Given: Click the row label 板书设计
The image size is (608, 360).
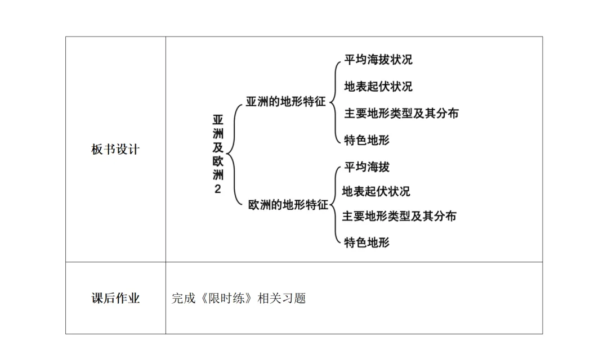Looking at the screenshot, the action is pyautogui.click(x=115, y=150).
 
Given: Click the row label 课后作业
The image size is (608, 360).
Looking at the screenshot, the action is pyautogui.click(x=115, y=298).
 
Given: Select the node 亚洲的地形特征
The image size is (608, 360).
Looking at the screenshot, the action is pyautogui.click(x=286, y=102).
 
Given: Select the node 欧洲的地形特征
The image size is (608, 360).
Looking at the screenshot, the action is pyautogui.click(x=288, y=205).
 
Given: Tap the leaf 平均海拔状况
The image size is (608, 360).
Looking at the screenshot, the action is pyautogui.click(x=378, y=60).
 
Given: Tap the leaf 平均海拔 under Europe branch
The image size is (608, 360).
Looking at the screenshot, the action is pyautogui.click(x=366, y=167).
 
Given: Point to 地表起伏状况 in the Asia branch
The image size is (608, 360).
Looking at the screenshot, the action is pyautogui.click(x=378, y=86).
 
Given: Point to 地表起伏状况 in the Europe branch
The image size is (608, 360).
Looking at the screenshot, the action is pyautogui.click(x=376, y=191).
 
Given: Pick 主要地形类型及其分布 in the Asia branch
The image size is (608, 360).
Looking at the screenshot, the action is pyautogui.click(x=401, y=113).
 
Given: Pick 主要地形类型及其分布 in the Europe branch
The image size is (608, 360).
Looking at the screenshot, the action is pyautogui.click(x=399, y=216).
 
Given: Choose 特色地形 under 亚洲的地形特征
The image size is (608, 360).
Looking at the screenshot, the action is pyautogui.click(x=366, y=139).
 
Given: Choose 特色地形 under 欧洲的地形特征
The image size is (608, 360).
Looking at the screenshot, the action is pyautogui.click(x=366, y=242).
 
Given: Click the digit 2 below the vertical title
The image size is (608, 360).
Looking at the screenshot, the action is pyautogui.click(x=218, y=189).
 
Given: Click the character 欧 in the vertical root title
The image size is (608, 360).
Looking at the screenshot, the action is pyautogui.click(x=218, y=161).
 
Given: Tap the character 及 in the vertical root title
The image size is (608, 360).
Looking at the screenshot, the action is pyautogui.click(x=218, y=147).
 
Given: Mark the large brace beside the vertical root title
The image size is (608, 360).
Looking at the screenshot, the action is pyautogui.click(x=232, y=153).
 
